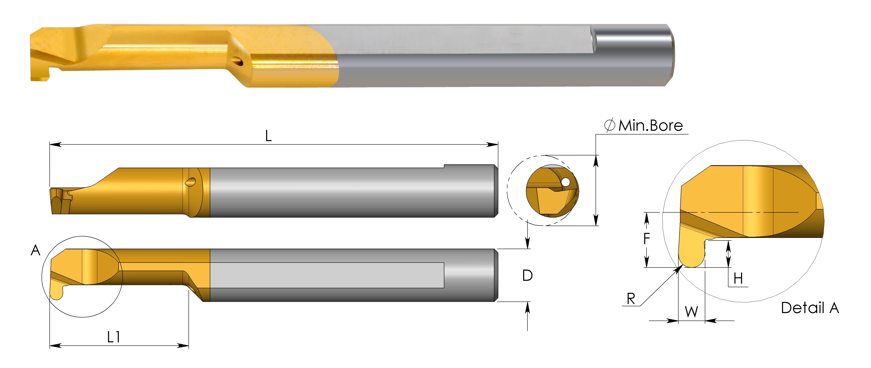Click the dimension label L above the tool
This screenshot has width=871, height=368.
pos(268,136)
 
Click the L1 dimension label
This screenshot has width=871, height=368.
pos(114,337)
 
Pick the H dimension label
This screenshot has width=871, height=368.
pos(738,279)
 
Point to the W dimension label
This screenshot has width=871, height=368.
pos(691,311)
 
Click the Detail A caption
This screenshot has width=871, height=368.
pos(810,308)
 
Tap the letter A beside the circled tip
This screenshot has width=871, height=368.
pos(36,251)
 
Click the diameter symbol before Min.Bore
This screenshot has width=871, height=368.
pos(609,125)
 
